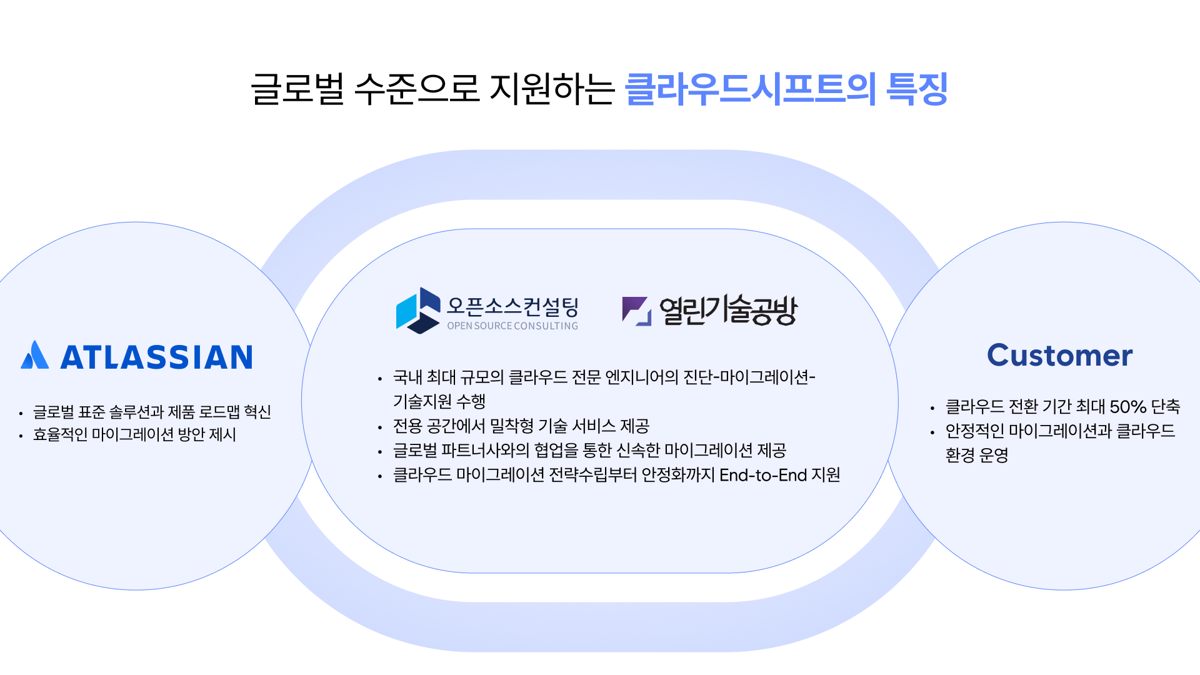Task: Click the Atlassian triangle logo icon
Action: pos(34,356)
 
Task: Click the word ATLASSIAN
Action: pos(156,357)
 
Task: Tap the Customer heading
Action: pos(1059,356)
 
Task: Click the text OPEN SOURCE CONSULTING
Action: pos(512,326)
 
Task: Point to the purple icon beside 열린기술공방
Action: pos(636,311)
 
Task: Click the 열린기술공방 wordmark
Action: pos(728,310)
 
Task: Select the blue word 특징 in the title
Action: pos(917,89)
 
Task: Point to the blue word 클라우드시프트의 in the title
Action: pos(750,89)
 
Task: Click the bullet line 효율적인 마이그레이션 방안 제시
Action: pos(134,435)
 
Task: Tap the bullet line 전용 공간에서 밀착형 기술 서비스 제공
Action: pos(521,426)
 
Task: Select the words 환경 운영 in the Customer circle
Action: pos(976,455)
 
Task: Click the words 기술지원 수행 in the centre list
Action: pos(439,401)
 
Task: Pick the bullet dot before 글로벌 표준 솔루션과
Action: pos(21,413)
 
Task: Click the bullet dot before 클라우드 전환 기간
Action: pos(932,409)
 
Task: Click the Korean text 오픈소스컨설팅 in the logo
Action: pos(512,306)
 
